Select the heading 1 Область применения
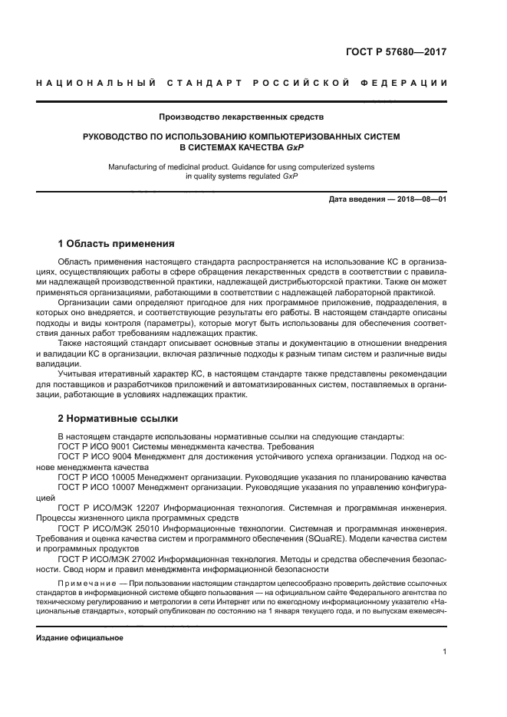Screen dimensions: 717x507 116,245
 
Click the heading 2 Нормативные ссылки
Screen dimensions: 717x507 118,419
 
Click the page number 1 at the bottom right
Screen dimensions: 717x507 444,652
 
